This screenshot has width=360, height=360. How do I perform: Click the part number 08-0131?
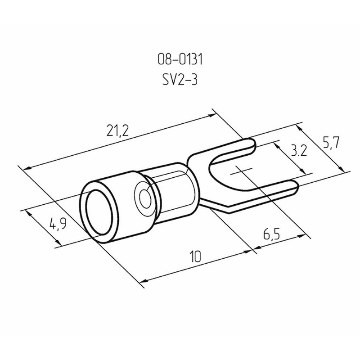[180, 59]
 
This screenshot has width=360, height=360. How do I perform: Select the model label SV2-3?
[180, 80]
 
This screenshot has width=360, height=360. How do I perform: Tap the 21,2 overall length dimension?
[117, 130]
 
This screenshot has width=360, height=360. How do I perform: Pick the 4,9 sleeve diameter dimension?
[58, 224]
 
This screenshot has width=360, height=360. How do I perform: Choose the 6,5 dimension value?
[272, 234]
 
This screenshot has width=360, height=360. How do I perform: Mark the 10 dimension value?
[196, 256]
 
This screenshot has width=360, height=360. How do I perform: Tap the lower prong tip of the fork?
[297, 186]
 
